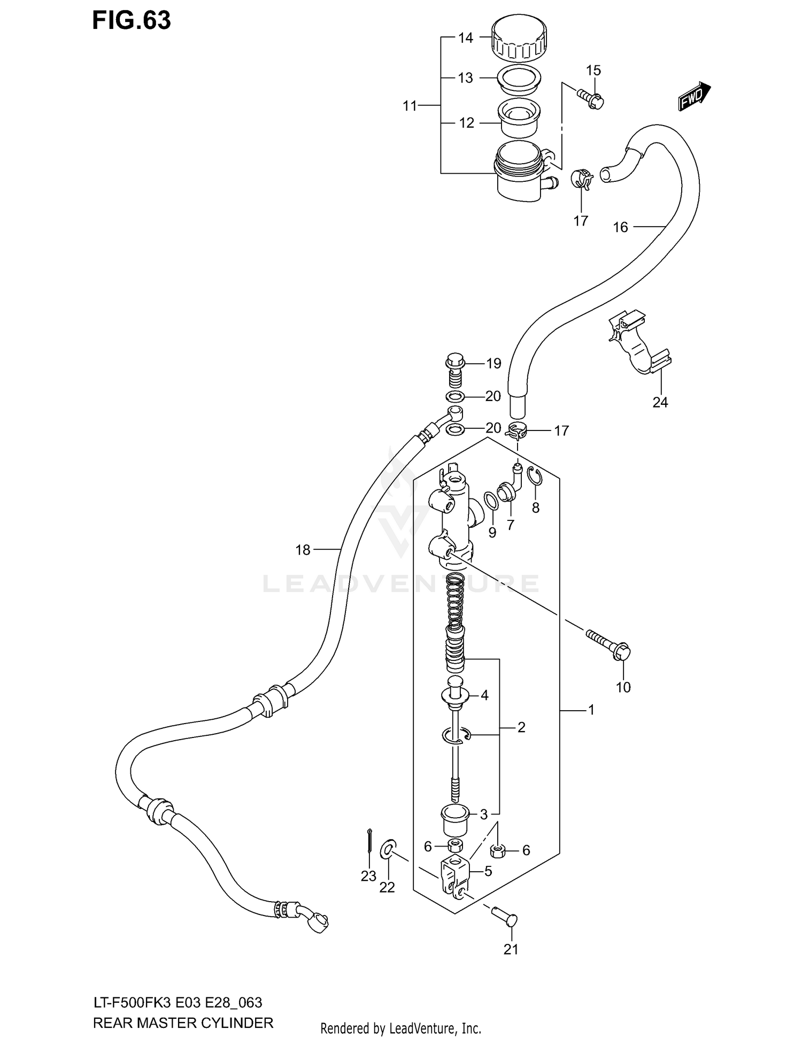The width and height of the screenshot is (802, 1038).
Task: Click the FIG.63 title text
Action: (132, 20)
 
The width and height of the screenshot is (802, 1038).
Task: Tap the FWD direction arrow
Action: (694, 97)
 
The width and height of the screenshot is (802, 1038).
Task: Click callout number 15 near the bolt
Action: (593, 71)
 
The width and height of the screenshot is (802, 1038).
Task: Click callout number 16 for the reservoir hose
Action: (620, 227)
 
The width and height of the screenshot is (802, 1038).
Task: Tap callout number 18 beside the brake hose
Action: (303, 549)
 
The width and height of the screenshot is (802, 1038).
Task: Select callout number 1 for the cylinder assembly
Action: (591, 710)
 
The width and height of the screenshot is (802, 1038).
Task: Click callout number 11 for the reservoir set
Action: (410, 106)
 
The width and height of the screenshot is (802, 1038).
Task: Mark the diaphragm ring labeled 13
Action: (519, 78)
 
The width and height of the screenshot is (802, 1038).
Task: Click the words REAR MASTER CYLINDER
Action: (183, 1023)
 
